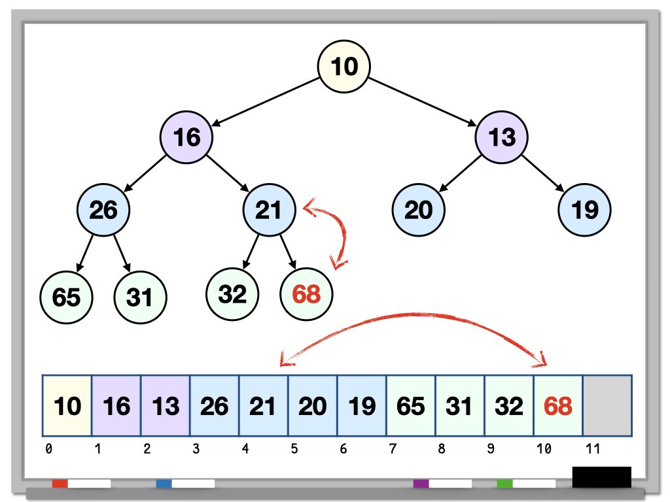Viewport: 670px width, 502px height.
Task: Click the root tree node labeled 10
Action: [x=344, y=66]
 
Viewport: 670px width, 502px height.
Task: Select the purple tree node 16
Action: [x=186, y=137]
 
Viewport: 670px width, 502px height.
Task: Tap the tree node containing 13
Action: [x=501, y=137]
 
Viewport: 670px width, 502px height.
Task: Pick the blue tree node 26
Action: [x=103, y=210]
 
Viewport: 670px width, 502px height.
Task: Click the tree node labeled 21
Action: [x=269, y=210]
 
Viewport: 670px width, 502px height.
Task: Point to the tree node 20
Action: [x=418, y=210]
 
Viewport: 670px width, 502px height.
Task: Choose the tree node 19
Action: [x=584, y=210]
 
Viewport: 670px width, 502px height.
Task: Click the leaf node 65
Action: [x=66, y=297]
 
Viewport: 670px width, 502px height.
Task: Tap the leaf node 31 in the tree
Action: [x=140, y=297]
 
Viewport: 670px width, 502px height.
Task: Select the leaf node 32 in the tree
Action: [x=232, y=294]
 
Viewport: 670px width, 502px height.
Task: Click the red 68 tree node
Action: [x=306, y=295]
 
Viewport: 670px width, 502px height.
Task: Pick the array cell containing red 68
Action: [x=558, y=406]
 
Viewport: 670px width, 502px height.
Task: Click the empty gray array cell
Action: [x=607, y=406]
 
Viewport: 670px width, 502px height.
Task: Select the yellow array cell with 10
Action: [x=67, y=406]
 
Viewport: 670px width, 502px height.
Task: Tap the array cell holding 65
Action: [x=411, y=406]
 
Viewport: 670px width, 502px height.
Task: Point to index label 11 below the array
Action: [x=591, y=450]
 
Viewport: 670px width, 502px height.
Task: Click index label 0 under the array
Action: [x=48, y=450]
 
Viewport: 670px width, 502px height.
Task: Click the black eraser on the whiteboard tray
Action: [x=601, y=477]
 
